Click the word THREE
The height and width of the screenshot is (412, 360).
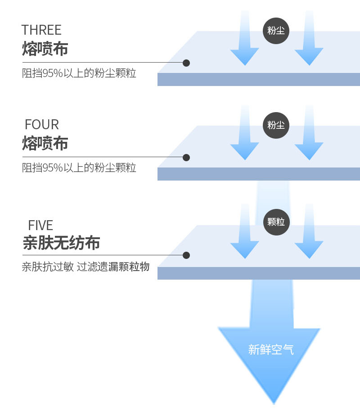click(41, 30)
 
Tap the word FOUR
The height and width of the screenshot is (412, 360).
click(42, 125)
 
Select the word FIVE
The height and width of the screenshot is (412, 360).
click(40, 225)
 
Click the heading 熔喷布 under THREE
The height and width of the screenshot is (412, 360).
click(45, 49)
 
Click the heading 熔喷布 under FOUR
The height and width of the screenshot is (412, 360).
click(45, 144)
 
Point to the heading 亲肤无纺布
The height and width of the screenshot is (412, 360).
click(61, 243)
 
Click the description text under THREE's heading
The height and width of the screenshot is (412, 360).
click(79, 73)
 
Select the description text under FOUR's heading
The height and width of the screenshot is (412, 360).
click(79, 168)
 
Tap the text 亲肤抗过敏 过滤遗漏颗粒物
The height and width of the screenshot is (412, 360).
click(85, 267)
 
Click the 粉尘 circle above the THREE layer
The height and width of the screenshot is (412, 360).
click(276, 31)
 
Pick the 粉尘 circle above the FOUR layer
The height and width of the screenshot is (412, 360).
click(276, 125)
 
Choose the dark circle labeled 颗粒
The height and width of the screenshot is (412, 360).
click(276, 222)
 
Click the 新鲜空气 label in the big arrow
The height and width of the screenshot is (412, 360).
click(271, 349)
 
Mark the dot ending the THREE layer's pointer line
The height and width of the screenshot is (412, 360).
click(186, 63)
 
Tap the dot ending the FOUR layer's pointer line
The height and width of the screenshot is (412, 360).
click(186, 158)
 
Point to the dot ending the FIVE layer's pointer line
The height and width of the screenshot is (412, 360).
click(186, 255)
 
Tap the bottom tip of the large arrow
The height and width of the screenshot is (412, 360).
click(273, 402)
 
